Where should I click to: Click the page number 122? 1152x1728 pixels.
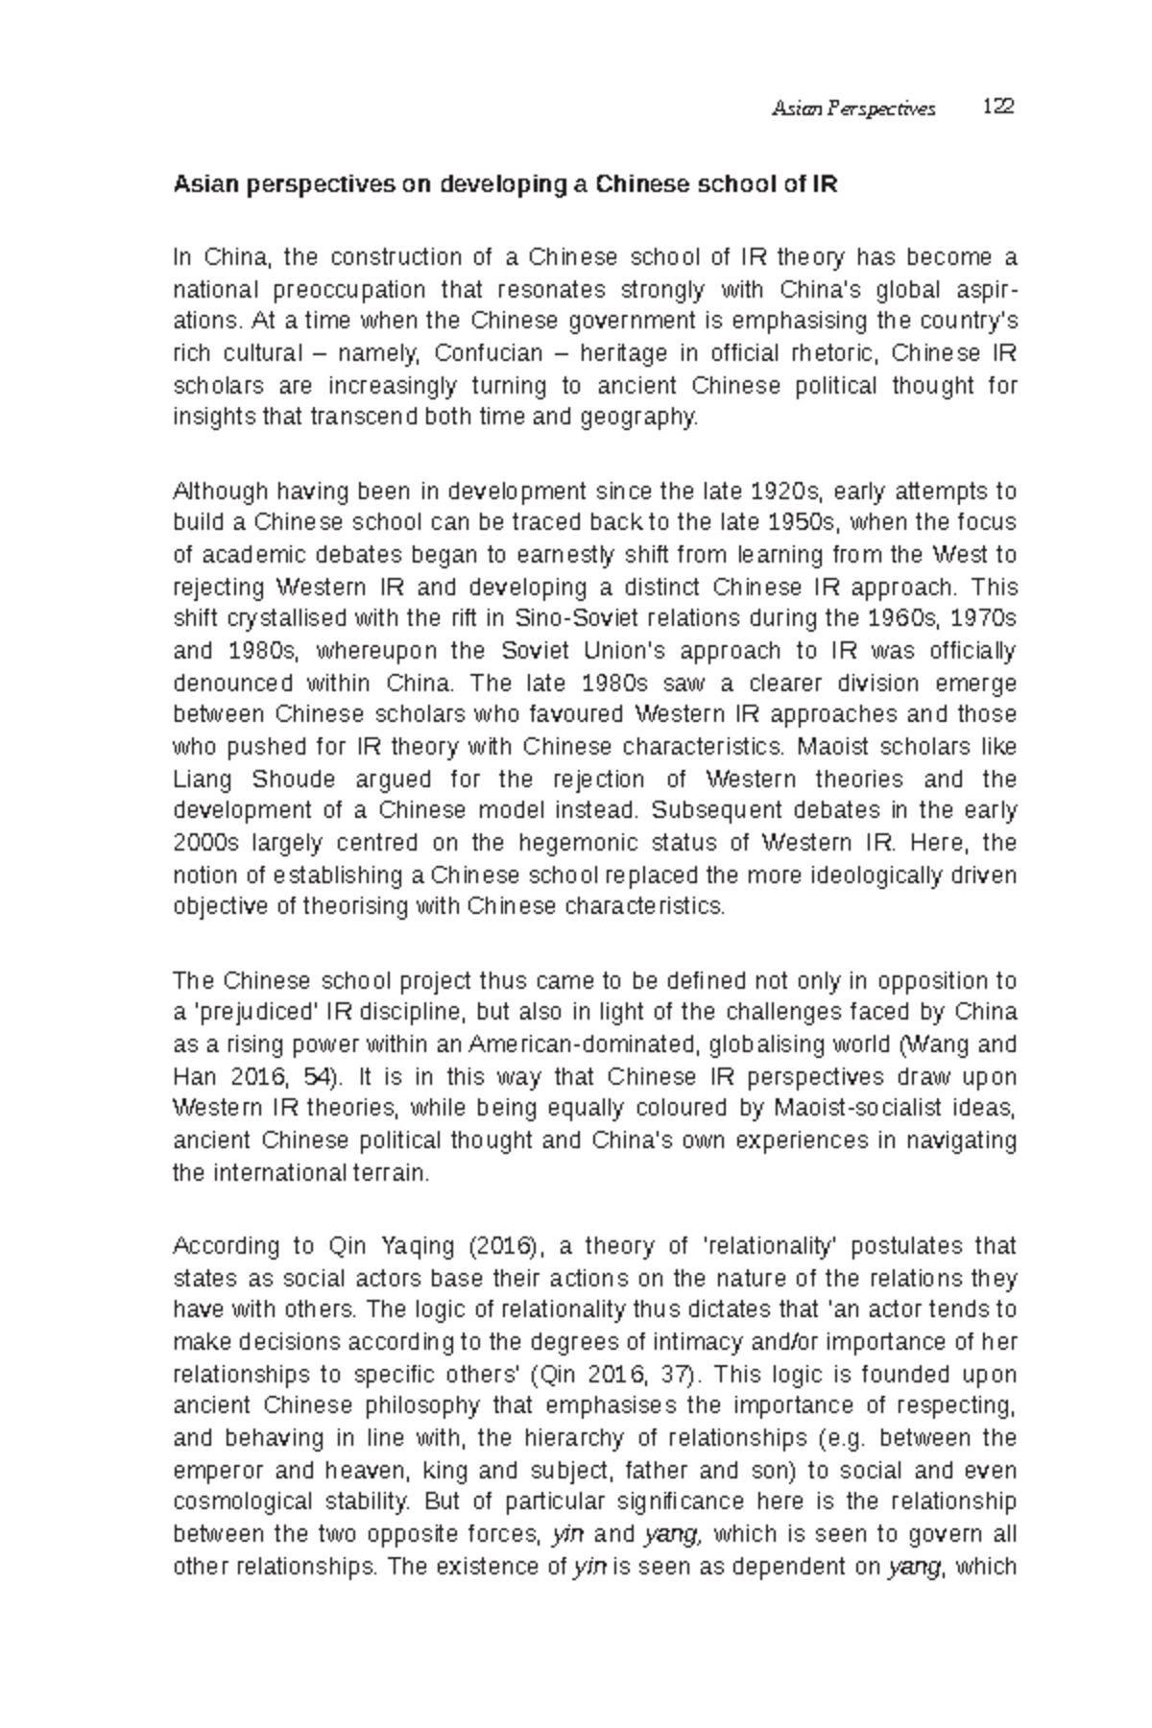998,108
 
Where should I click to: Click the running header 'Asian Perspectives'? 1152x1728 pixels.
853,109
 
